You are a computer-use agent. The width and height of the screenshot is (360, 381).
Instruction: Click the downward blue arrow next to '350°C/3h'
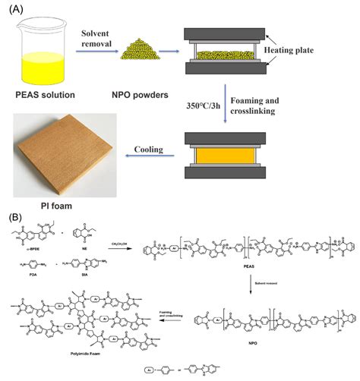(x=229, y=106)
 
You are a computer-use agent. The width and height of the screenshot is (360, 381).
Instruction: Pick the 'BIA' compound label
(x=91, y=285)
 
